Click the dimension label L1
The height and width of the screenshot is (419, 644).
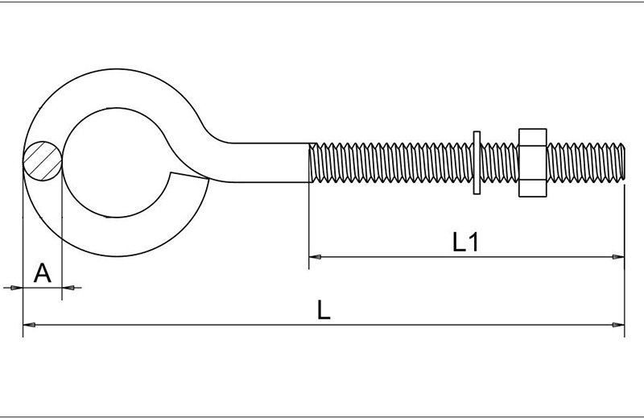tap(466, 243)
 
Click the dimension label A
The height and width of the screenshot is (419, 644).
tap(43, 273)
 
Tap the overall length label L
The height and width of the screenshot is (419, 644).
tap(324, 310)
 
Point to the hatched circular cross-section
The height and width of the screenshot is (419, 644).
tap(42, 160)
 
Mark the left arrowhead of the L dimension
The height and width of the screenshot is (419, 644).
tap(28, 325)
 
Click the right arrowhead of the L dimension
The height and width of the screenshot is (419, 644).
tap(619, 325)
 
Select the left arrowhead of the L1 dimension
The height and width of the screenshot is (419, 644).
tap(315, 257)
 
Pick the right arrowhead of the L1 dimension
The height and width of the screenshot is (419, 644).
tap(619, 257)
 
